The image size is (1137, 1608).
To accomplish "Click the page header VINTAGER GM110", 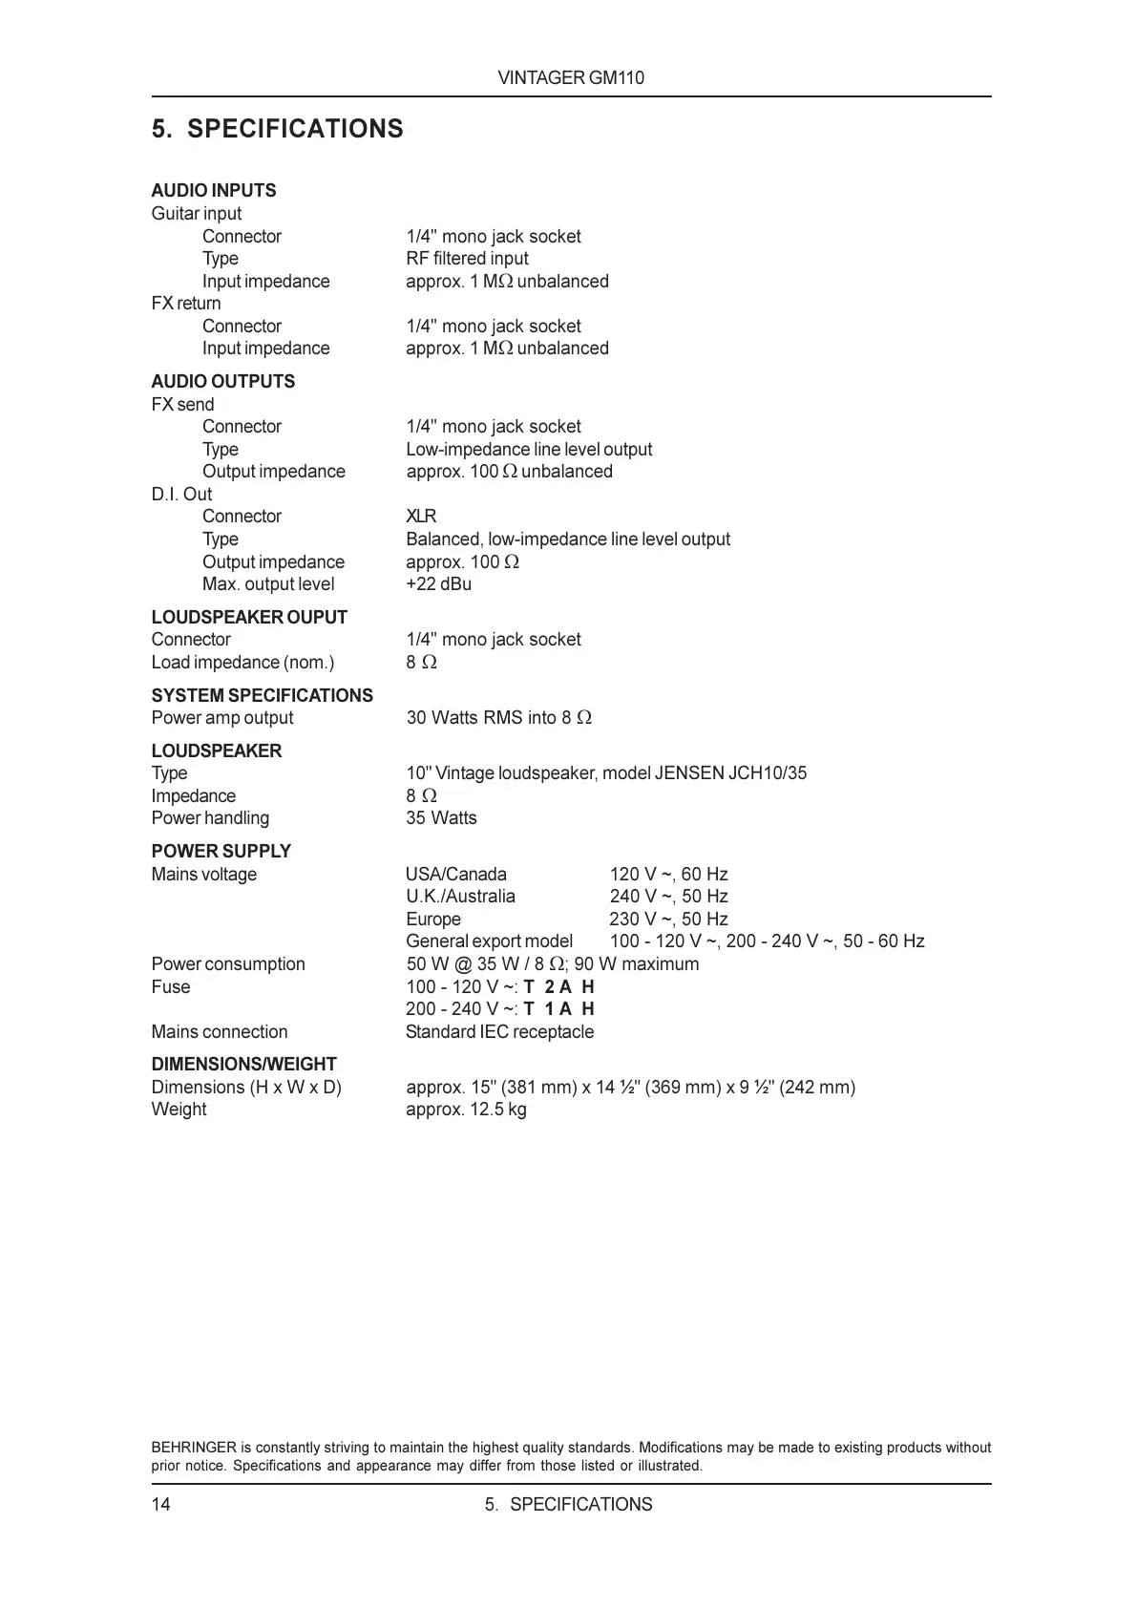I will coord(571,78).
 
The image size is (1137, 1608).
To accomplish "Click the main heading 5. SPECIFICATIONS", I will coord(277,129).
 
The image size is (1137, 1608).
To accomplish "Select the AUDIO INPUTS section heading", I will coord(213,190).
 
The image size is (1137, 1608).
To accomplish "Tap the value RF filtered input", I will coord(467,259).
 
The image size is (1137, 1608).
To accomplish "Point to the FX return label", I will coord(185,304).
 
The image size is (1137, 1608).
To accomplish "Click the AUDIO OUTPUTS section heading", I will coord(222,381).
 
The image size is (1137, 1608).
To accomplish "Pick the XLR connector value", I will coord(421,517).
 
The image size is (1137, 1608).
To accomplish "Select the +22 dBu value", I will coord(438,584).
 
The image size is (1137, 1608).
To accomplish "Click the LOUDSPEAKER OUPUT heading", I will coord(249,617).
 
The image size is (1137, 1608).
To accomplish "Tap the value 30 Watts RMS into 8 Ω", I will coord(498,718).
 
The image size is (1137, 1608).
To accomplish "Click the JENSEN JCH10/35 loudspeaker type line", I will coord(605,773).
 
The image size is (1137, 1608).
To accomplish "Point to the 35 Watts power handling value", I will coord(441,818).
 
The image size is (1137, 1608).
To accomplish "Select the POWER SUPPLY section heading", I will coord(221,851).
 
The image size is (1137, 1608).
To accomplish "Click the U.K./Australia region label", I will coord(460,897).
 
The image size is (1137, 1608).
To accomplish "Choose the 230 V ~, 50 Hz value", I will coord(668,920).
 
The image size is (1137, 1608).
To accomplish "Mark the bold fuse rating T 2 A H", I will coord(558,987).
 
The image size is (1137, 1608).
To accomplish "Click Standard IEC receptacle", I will coord(499,1032).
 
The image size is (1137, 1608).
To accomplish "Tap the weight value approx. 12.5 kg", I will coord(466,1110).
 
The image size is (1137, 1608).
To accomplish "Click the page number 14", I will coord(160,1505).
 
